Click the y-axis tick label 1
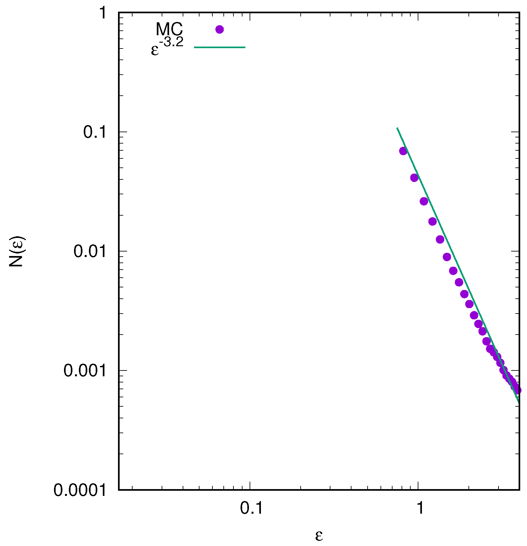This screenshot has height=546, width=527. [x=102, y=13]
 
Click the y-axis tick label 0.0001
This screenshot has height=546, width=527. [x=80, y=490]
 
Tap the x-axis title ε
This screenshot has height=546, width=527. [x=319, y=535]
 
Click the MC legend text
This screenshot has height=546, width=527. [x=169, y=29]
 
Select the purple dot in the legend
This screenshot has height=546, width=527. [x=220, y=29]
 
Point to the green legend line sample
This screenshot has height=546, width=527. [x=220, y=48]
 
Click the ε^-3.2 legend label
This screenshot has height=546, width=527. [x=167, y=46]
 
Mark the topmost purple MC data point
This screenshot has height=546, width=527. [x=403, y=151]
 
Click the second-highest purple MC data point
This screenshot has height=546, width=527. [x=414, y=177]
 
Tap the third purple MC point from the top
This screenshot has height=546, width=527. [x=424, y=201]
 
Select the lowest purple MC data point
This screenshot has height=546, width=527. [x=517, y=390]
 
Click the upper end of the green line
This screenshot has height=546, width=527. [x=397, y=128]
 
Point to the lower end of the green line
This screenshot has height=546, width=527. [x=519, y=402]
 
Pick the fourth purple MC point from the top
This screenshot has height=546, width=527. [x=433, y=221]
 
